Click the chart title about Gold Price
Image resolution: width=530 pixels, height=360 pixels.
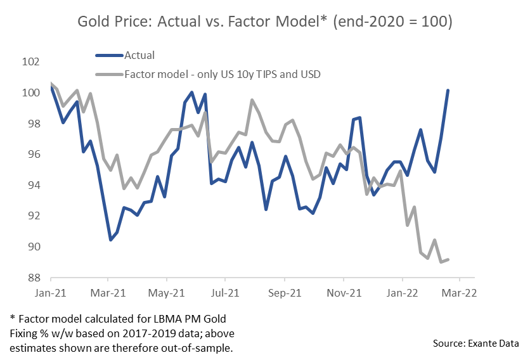[x=264, y=23]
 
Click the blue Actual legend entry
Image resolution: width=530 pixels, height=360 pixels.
[x=139, y=56]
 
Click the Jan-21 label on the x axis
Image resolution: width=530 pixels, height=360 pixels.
[x=51, y=293]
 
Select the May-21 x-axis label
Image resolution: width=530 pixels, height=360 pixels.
[x=167, y=293]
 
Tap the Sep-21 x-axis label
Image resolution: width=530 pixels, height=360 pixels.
[x=285, y=293]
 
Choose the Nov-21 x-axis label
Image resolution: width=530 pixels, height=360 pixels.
[x=343, y=293]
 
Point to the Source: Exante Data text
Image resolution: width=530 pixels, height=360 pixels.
[x=476, y=343]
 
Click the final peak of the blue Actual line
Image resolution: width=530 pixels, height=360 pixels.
[x=448, y=90]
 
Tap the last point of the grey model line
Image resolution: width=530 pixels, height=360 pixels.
[x=449, y=259]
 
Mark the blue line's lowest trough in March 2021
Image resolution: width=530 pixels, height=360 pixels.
[x=110, y=240]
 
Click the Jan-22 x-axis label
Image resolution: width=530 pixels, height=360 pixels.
[x=402, y=293]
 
